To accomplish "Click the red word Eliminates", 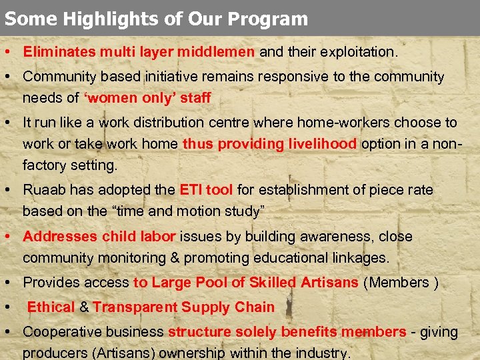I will pos(59,51).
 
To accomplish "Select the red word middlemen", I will pos(217,51).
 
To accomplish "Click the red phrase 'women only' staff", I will pos(147,98).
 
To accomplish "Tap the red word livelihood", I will pos(317,144).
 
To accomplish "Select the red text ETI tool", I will pos(206,190).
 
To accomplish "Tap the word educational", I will pos(313,258).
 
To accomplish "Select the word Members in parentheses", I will pos(399,283).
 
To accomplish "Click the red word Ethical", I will pos(51,307).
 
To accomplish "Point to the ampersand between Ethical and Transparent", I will pos(84,307).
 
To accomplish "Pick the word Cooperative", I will pos(61,332).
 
